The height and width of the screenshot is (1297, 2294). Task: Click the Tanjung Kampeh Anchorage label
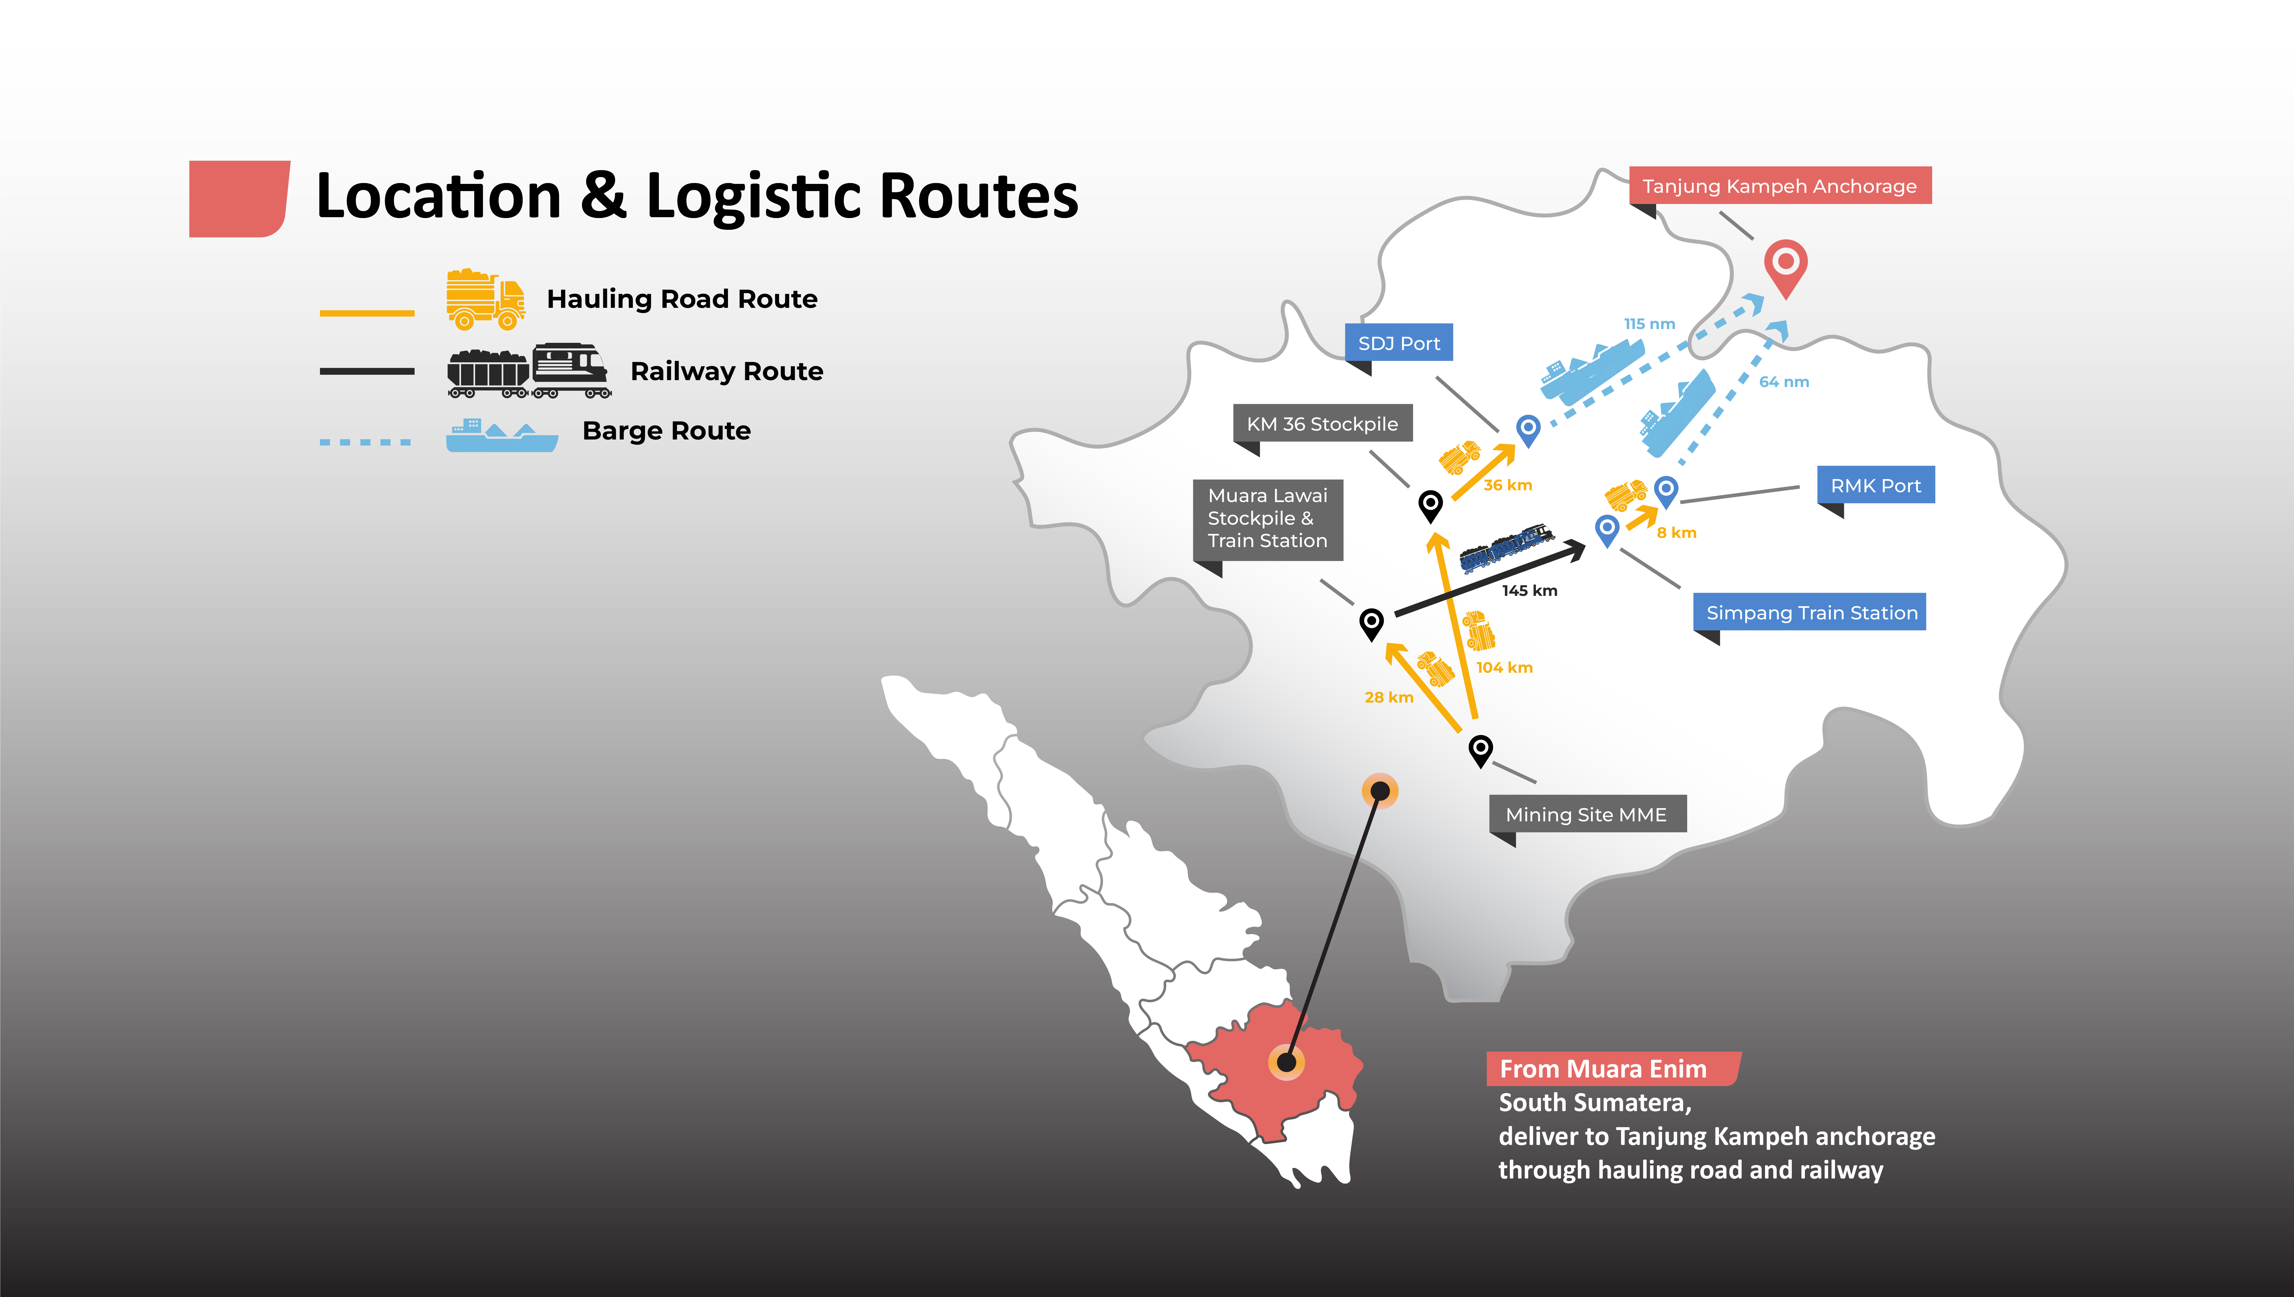[1779, 186]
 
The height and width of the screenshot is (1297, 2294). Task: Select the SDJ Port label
[1398, 343]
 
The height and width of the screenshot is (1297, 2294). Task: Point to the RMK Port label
[1875, 485]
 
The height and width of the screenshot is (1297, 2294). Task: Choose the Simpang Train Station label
[1810, 613]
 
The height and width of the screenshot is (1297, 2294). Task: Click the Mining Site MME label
[1586, 814]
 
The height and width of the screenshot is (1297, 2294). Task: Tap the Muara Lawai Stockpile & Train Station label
[1267, 518]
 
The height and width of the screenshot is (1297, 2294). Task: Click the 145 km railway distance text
[1529, 591]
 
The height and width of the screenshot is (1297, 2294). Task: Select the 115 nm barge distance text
[1649, 324]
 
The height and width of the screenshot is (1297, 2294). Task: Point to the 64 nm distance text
[1784, 382]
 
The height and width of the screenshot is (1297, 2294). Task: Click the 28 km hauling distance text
[1388, 697]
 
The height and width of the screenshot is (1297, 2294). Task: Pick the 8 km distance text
[1676, 533]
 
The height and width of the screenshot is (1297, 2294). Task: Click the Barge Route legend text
[666, 431]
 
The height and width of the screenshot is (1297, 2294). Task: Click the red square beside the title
[239, 199]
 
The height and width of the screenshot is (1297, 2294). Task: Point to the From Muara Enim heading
[1603, 1069]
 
